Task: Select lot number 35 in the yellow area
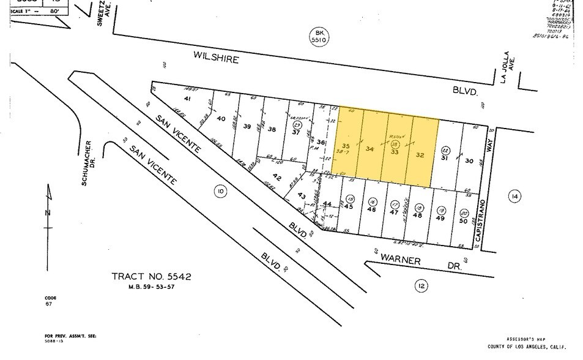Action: coord(346,146)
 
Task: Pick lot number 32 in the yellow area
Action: coord(420,155)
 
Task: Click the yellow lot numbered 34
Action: coord(369,149)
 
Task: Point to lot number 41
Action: coord(188,99)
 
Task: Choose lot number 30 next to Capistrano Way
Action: coord(469,161)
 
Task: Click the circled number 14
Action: coord(514,195)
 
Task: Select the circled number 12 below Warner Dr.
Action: coord(420,285)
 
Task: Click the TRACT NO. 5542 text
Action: coord(152,277)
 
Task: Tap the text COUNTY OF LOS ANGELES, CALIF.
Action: coord(526,347)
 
